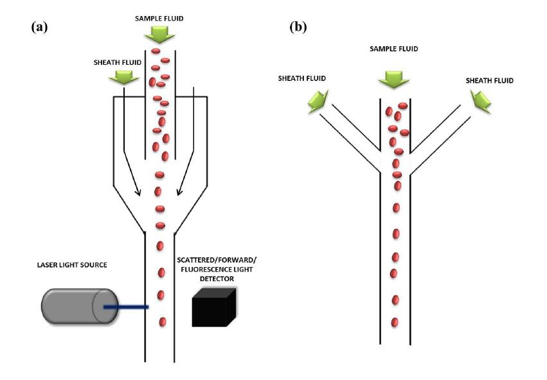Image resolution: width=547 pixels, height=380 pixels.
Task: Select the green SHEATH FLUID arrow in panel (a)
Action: pos(123,77)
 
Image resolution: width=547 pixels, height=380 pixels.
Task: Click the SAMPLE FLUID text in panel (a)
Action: pos(159,18)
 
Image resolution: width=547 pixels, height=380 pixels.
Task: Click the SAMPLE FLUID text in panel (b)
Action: pos(390,49)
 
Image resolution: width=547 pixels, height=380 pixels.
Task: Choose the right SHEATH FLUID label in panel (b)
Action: pos(490,81)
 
